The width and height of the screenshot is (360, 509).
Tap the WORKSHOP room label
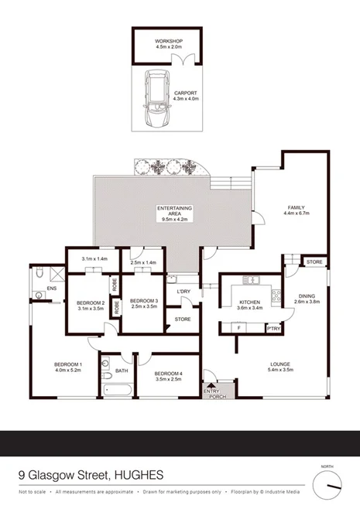click(x=166, y=39)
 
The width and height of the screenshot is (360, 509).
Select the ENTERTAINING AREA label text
click(x=174, y=210)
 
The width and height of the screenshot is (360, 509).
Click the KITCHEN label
click(x=250, y=302)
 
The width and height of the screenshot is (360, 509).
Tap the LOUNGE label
click(x=279, y=364)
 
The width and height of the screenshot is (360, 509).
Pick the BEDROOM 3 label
click(x=142, y=301)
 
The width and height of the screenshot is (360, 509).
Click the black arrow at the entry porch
click(x=211, y=385)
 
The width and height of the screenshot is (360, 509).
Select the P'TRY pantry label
click(x=273, y=329)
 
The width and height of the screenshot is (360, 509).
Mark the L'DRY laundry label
click(x=183, y=292)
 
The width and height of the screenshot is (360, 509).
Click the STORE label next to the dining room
click(x=313, y=262)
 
